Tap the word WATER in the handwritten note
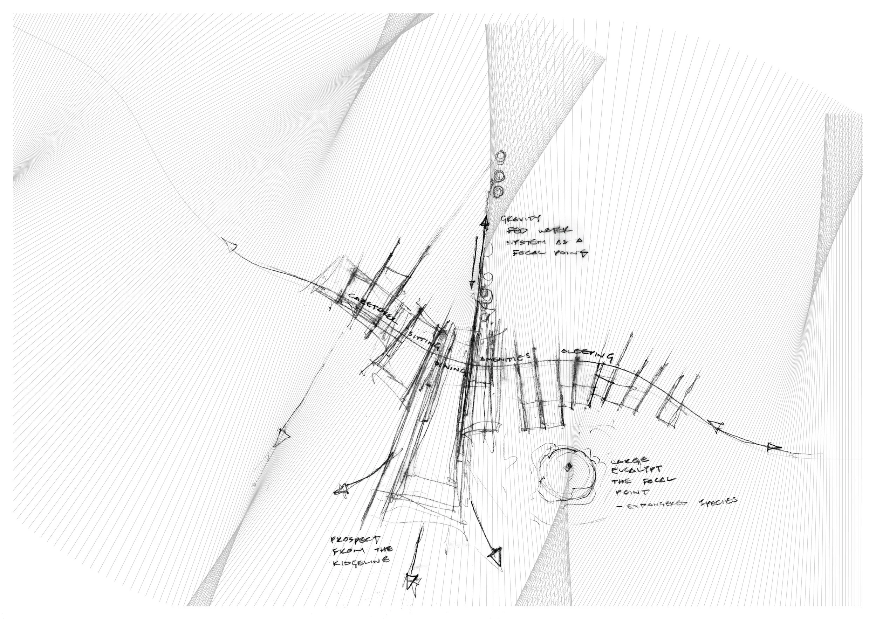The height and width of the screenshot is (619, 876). click(x=555, y=231)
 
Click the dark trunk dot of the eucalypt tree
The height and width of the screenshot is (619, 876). click(x=568, y=466)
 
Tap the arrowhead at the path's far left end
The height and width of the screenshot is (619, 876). click(x=230, y=245)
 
